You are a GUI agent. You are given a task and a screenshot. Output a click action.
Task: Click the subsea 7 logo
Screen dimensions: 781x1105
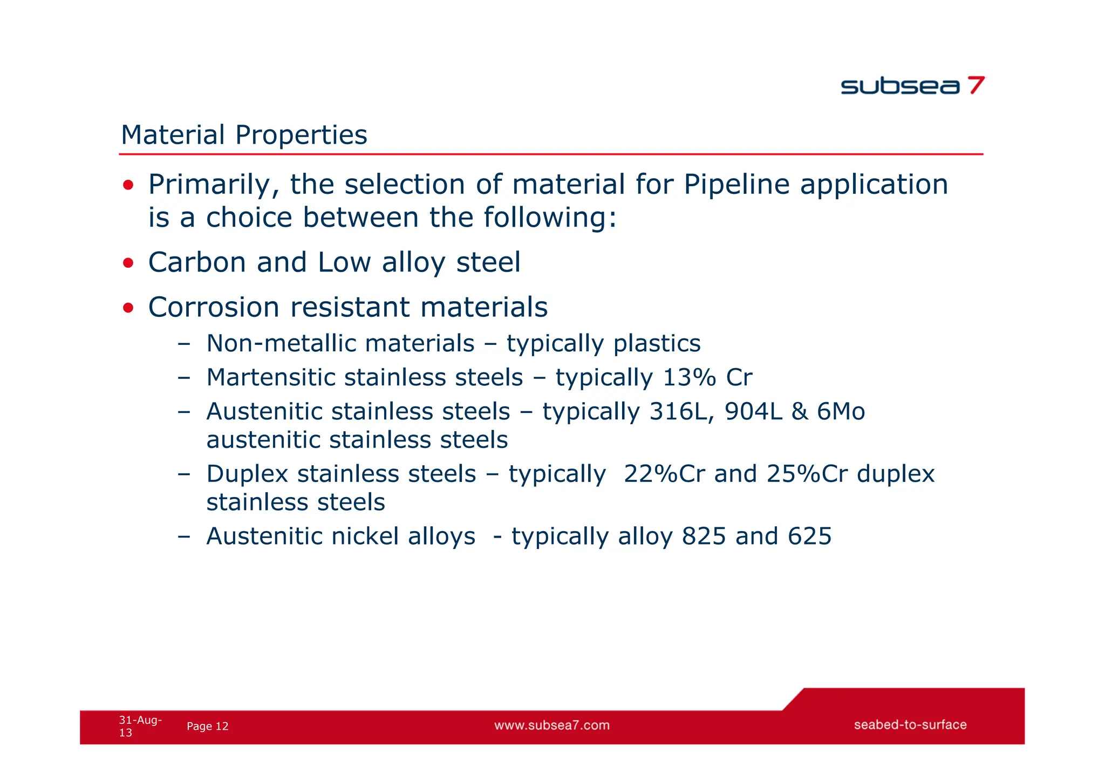click(912, 86)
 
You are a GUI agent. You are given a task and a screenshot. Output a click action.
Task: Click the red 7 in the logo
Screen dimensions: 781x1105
click(976, 85)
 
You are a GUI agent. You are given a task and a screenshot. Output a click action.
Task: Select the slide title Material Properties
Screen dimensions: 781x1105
click(244, 135)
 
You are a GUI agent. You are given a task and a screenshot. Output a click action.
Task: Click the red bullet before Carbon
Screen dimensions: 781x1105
click(128, 263)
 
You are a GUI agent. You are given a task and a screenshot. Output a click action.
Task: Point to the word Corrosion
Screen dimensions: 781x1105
click(214, 307)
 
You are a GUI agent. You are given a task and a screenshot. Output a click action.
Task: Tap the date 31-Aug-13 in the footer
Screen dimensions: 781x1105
click(140, 726)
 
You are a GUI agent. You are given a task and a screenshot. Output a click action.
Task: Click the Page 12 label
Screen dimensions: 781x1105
click(207, 726)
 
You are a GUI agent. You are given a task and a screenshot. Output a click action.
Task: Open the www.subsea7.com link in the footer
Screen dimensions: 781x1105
click(552, 725)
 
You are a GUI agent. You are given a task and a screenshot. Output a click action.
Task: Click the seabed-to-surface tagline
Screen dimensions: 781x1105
click(910, 725)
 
